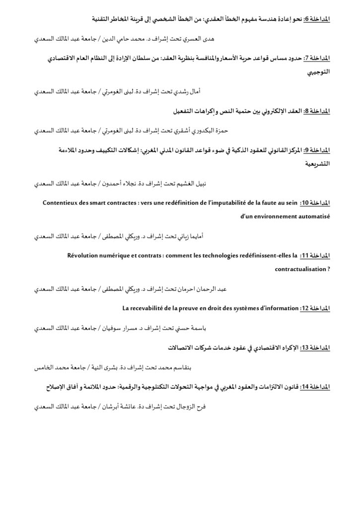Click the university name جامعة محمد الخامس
pyautogui.click(x=53, y=368)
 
